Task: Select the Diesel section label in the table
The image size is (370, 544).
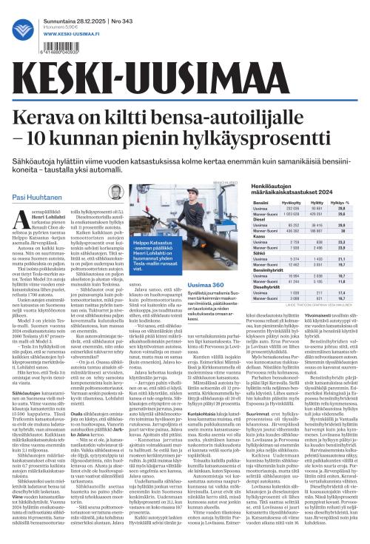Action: coord(260,220)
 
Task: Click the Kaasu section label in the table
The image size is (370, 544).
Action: coord(259,235)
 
